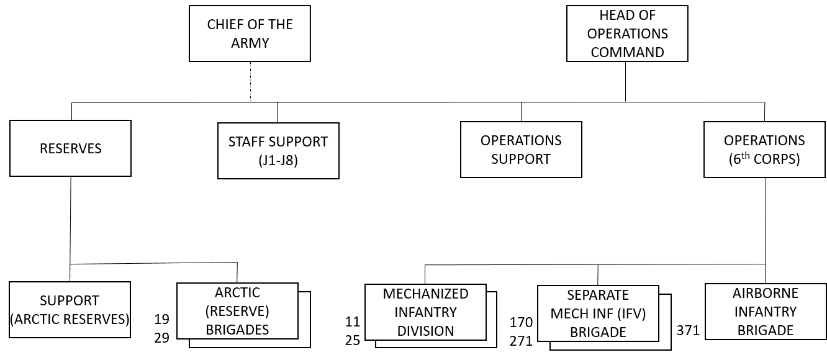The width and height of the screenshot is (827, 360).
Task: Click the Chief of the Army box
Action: pyautogui.click(x=250, y=34)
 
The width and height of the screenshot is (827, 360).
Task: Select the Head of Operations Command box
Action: pyautogui.click(x=627, y=34)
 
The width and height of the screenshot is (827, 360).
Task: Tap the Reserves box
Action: pyautogui.click(x=70, y=148)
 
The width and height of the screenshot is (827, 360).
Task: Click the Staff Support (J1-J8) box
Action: pyautogui.click(x=278, y=150)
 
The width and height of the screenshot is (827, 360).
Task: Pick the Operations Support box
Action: pyautogui.click(x=521, y=150)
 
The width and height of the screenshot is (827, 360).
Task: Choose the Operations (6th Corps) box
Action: pyautogui.click(x=764, y=150)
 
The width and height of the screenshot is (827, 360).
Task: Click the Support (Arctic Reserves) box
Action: pyautogui.click(x=70, y=310)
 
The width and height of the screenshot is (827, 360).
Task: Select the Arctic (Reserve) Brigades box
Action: pyautogui.click(x=237, y=311)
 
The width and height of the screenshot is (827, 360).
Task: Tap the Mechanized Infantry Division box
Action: pyautogui.click(x=425, y=312)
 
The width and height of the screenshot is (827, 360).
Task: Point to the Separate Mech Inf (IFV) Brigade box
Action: pyautogui.click(x=598, y=313)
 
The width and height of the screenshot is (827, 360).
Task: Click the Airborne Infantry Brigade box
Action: pyautogui.click(x=765, y=312)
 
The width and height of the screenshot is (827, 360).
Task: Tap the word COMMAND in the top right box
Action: pyautogui.click(x=627, y=52)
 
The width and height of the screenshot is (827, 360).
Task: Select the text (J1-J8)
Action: pyautogui.click(x=278, y=160)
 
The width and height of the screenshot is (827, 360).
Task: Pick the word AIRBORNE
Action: pyautogui.click(x=765, y=293)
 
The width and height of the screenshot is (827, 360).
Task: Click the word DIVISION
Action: pyautogui.click(x=426, y=330)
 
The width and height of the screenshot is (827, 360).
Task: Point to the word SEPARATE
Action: pyautogui.click(x=598, y=295)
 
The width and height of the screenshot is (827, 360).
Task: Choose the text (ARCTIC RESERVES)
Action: pyautogui.click(x=70, y=320)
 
